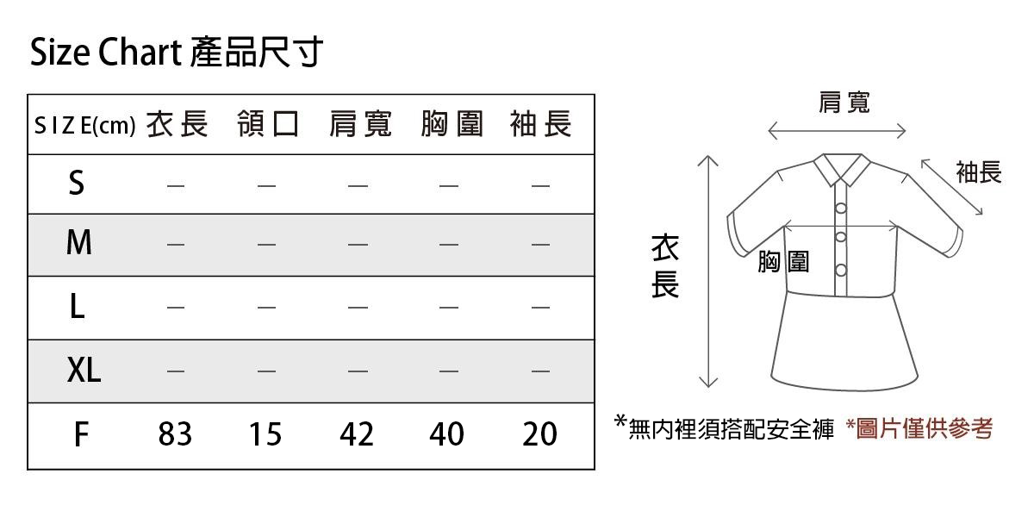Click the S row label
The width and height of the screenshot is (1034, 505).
(77, 184)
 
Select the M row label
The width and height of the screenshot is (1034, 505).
(78, 244)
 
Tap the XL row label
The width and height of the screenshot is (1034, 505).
(84, 371)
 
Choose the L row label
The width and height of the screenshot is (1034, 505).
(77, 307)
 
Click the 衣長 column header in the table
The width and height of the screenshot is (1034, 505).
(177, 125)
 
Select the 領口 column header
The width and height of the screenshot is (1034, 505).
(268, 125)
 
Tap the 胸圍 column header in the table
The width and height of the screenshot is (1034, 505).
(452, 125)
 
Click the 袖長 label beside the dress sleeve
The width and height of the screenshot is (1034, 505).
(979, 172)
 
